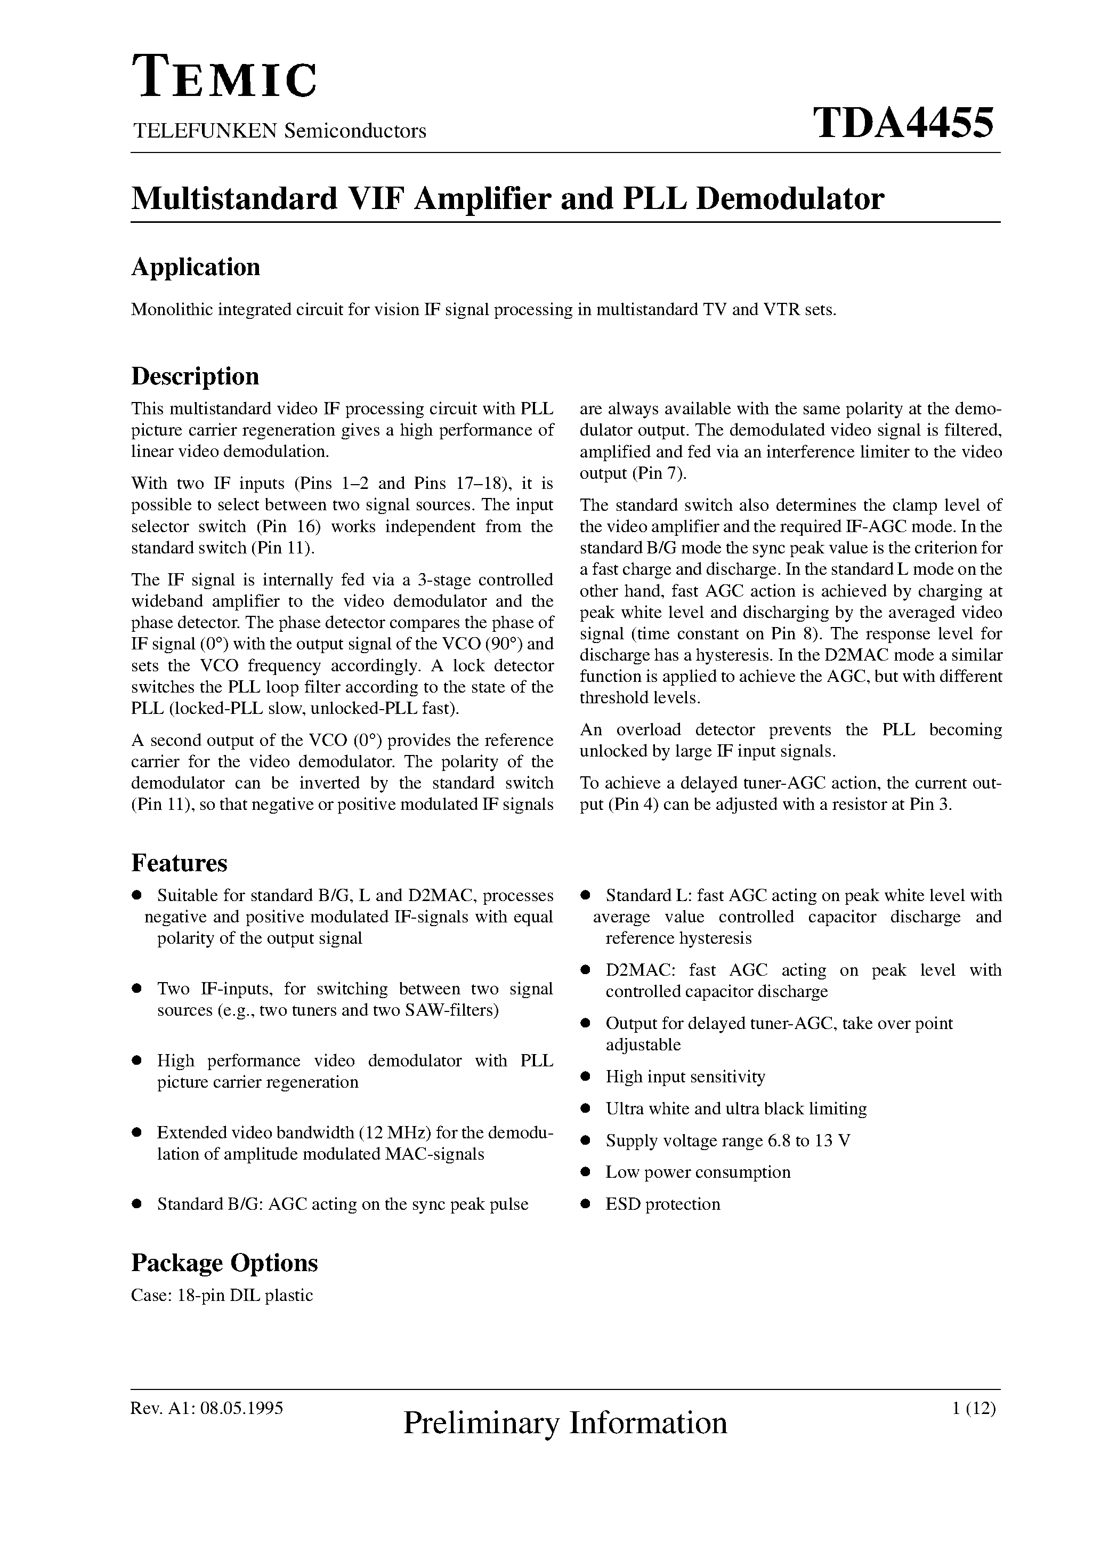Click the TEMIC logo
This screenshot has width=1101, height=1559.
point(224,78)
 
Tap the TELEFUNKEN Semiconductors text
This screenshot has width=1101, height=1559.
point(279,131)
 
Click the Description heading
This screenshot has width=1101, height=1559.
point(195,376)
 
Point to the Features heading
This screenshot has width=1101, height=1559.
point(179,863)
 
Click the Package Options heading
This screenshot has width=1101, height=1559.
point(224,1263)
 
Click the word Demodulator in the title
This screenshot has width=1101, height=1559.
point(790,199)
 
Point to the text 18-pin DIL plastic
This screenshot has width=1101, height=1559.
point(245,1295)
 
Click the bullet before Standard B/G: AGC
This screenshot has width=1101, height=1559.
point(136,1204)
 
